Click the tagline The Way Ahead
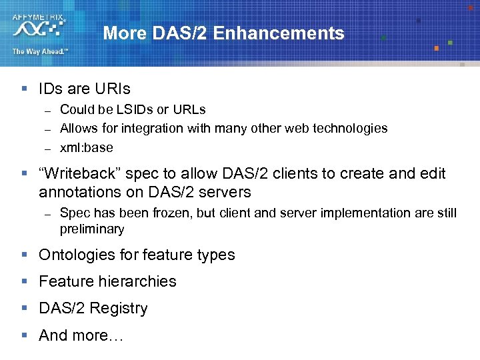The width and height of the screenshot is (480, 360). point(39,51)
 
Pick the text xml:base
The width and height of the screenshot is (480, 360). point(87,147)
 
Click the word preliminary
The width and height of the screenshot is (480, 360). point(92,229)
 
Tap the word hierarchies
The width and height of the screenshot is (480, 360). point(139,281)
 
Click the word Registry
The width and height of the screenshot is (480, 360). point(119,309)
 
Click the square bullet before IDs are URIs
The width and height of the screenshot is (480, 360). point(25,89)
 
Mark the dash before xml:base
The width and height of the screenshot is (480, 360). point(48,148)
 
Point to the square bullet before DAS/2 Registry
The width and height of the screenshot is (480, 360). point(25,308)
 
